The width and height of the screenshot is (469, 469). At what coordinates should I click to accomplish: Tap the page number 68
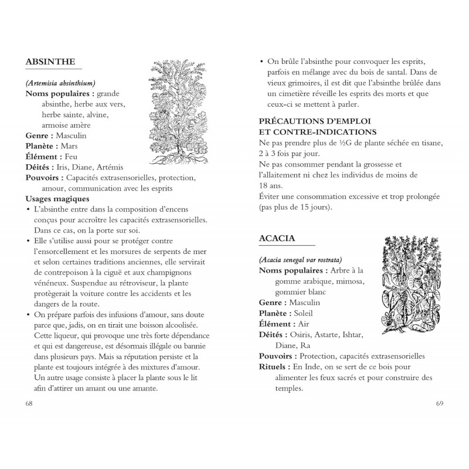29,404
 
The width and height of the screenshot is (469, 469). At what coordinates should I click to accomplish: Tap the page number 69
440,404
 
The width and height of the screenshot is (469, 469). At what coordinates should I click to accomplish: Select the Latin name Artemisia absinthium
61,83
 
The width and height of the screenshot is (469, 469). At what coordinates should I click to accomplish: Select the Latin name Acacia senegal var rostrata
300,260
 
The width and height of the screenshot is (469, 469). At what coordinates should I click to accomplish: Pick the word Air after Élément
303,324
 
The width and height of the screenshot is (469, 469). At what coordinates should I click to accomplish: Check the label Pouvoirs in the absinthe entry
45,178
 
